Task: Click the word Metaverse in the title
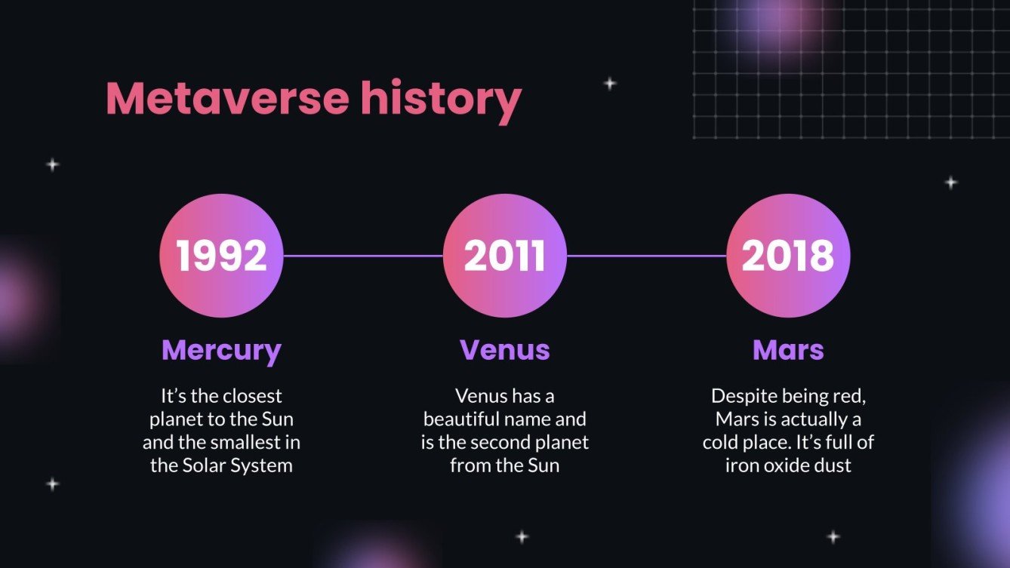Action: (227, 99)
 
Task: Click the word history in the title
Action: (440, 99)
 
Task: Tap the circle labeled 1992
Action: (222, 256)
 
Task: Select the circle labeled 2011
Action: (505, 256)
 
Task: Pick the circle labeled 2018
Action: (788, 256)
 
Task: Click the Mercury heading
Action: (221, 350)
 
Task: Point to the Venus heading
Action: (505, 350)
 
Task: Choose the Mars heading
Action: (788, 350)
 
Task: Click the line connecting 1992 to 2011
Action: (363, 256)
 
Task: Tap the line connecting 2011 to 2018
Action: (646, 256)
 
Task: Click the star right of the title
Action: (610, 84)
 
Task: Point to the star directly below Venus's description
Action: (522, 537)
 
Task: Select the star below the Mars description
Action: (833, 537)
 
